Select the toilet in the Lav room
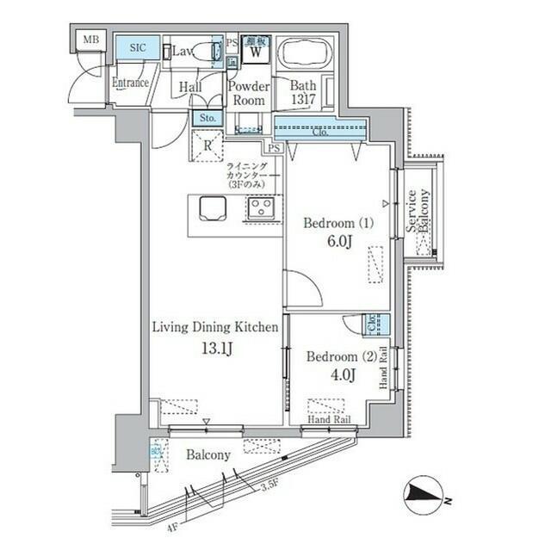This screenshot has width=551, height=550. tap(207, 52)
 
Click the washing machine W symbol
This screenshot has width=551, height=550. tap(256, 52)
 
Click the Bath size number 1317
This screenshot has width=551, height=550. tap(303, 100)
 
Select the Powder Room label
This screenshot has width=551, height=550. tap(250, 93)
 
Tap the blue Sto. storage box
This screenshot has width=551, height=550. tap(207, 118)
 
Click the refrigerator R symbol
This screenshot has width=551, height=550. tap(207, 145)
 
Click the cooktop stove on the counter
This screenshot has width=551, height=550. tap(260, 207)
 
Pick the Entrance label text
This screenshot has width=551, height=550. tap(131, 83)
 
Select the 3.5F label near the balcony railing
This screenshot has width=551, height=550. tap(269, 488)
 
